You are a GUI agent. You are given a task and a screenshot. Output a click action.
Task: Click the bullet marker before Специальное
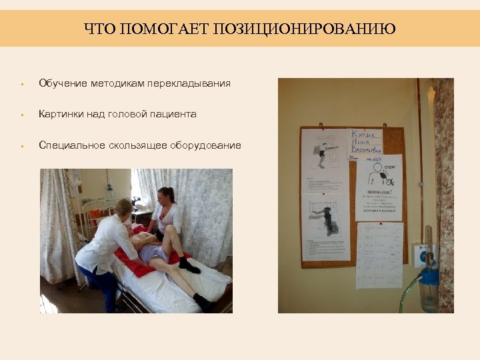tap(22, 146)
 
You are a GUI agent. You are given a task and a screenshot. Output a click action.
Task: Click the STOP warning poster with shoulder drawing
tap(378, 188)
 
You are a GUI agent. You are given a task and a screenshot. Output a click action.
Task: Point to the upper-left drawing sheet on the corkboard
tap(324, 160)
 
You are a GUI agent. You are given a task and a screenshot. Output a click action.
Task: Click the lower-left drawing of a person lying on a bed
tap(326, 227)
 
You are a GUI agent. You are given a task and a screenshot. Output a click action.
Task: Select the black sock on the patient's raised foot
tap(188, 265)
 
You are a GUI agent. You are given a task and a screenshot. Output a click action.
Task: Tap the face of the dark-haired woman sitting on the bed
tap(165, 198)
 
